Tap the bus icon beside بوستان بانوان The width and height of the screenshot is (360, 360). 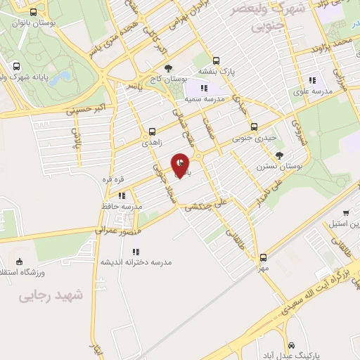point(34,12)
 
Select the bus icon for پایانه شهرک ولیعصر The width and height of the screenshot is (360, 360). point(15,67)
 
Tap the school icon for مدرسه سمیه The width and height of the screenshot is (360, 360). point(204,88)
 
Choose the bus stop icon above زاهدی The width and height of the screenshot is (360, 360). point(153,131)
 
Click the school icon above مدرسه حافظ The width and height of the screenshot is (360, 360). point(122,195)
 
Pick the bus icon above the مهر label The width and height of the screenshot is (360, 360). point(264,257)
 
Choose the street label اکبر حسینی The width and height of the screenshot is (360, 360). point(84,110)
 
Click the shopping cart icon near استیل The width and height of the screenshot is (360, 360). point(345,213)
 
